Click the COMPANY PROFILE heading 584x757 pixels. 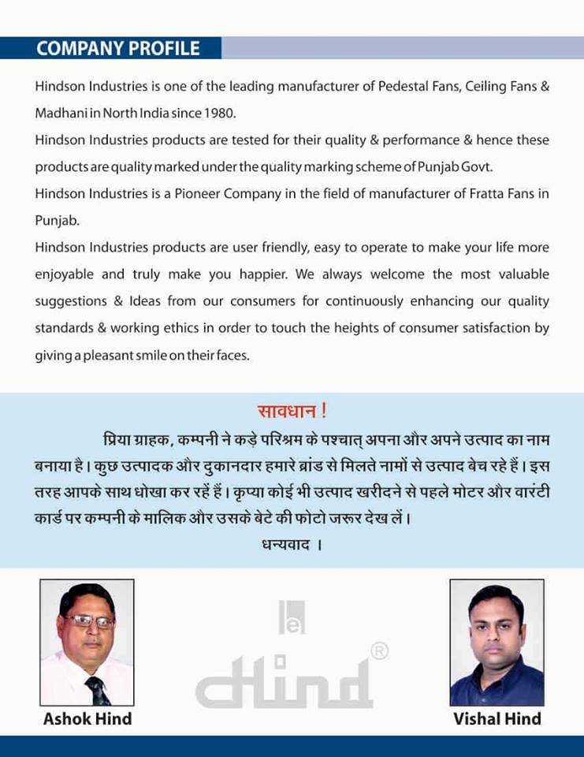[x=118, y=48]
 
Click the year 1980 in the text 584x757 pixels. [x=220, y=113]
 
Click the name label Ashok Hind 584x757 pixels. [x=87, y=718]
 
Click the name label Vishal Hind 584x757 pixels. [x=497, y=718]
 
